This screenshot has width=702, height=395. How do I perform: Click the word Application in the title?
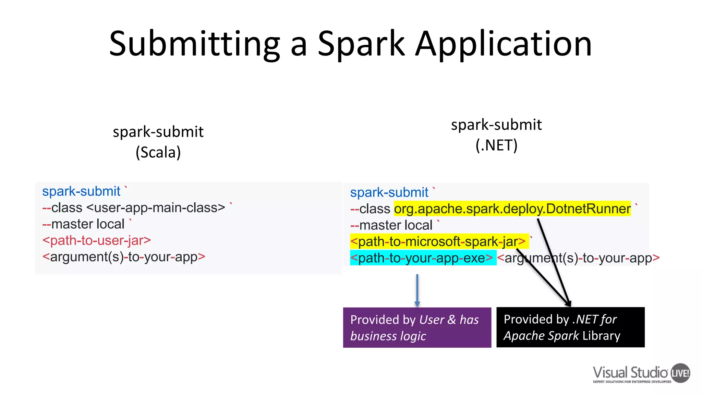click(504, 44)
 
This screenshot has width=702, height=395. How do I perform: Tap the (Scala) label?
click(158, 152)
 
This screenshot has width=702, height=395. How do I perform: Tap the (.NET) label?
click(496, 145)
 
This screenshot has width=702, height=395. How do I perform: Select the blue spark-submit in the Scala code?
click(81, 191)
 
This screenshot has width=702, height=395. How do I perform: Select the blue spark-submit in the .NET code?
click(389, 193)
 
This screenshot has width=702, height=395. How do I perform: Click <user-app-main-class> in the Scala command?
click(156, 208)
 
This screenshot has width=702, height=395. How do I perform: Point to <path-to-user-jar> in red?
click(97, 240)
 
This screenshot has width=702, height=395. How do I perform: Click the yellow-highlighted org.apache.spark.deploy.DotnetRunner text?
click(512, 209)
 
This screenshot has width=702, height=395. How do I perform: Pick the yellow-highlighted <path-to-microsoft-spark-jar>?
click(438, 242)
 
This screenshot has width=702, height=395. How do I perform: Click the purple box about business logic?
click(417, 327)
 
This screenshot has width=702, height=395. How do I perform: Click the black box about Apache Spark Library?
click(570, 327)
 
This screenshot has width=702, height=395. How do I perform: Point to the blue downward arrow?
click(417, 290)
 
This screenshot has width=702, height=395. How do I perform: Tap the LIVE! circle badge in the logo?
click(680, 373)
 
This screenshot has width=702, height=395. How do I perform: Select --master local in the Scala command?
click(83, 224)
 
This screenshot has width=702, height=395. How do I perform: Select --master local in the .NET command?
click(391, 225)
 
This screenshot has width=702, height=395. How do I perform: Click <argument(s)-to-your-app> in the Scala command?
click(124, 257)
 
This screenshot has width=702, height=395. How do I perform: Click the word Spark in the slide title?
click(361, 44)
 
